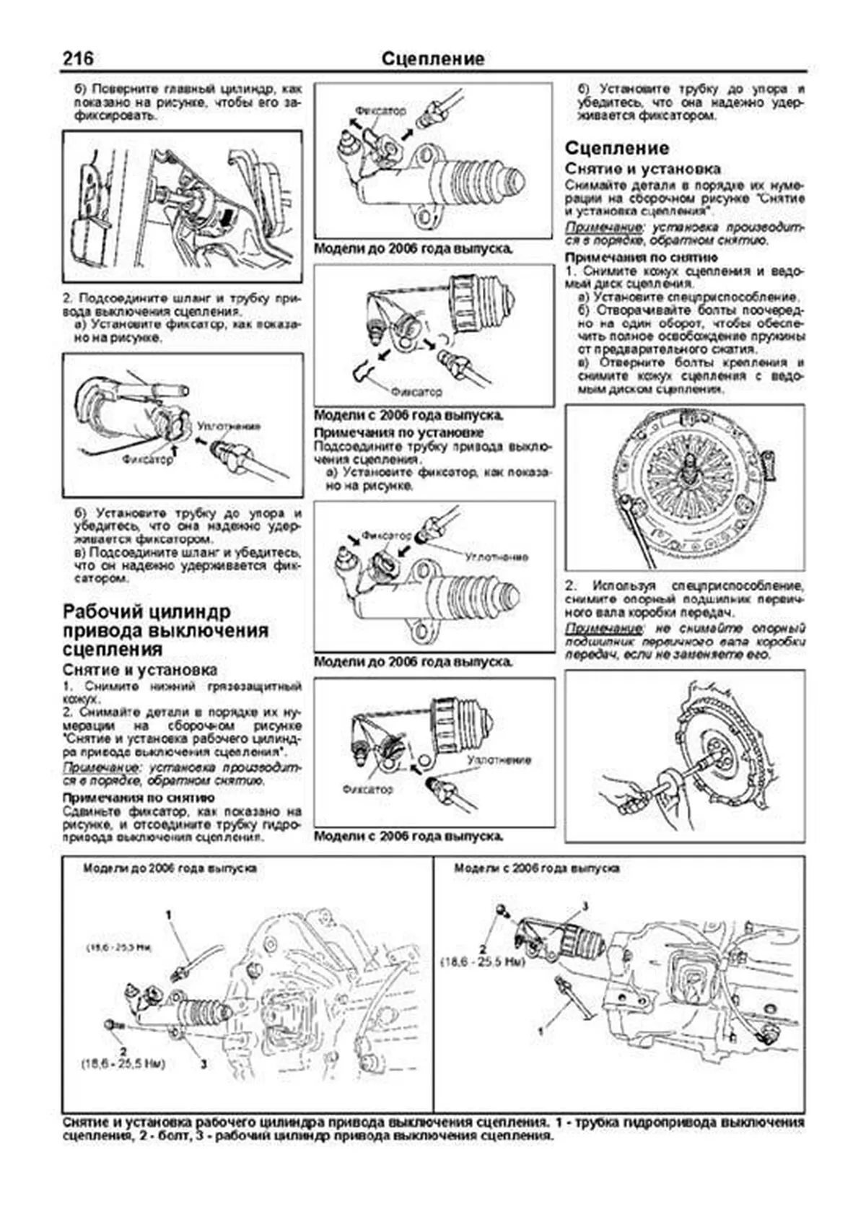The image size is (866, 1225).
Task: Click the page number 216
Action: [77, 58]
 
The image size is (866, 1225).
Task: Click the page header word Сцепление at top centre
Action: [432, 58]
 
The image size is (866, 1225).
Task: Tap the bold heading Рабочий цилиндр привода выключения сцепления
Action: [166, 630]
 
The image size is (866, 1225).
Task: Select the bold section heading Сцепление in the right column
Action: [617, 148]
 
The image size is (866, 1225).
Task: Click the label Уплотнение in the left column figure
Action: [229, 426]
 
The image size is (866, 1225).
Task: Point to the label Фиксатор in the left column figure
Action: [148, 459]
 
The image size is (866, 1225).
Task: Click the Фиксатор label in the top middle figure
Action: [380, 111]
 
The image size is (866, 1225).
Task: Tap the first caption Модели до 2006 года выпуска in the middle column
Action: [414, 249]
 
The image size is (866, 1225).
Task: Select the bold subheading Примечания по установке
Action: [398, 432]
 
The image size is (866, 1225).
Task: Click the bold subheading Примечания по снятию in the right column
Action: [641, 257]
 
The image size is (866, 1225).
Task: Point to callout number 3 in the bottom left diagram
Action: [204, 1063]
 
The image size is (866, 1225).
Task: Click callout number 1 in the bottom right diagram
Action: [540, 1032]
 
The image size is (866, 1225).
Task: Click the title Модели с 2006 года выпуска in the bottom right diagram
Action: [536, 868]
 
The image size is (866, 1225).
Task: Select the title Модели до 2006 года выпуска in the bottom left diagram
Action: [170, 868]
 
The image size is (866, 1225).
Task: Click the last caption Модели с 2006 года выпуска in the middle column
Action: [408, 836]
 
